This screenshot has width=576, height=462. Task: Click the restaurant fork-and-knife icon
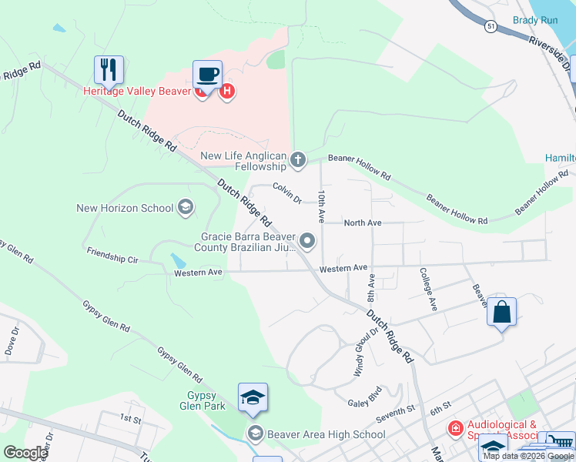(109, 70)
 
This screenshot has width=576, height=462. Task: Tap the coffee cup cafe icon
(207, 75)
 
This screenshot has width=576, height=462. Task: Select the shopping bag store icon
(501, 312)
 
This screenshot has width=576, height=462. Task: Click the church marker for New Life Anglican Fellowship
(298, 160)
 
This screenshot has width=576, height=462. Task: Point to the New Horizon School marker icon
(185, 207)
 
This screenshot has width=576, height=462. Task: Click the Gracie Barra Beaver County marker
(308, 242)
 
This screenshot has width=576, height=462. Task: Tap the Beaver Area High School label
(326, 434)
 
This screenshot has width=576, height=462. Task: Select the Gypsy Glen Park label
(202, 401)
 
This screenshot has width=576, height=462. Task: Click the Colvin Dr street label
(286, 193)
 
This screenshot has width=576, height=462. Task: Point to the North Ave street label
(363, 223)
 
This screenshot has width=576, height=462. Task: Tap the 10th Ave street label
(323, 201)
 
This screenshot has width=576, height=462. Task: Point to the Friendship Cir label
(112, 256)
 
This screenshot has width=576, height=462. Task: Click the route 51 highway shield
(491, 26)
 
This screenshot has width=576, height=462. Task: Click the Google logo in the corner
(25, 453)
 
